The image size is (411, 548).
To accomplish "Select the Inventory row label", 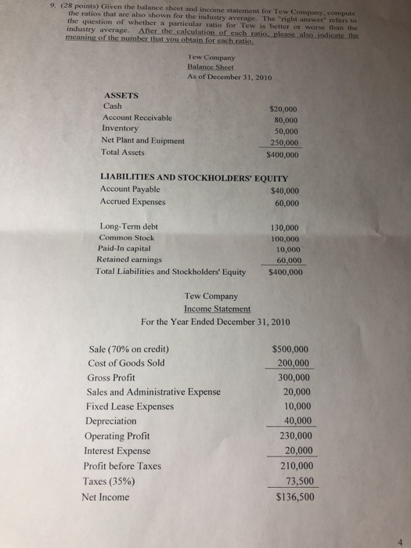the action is tap(120, 127).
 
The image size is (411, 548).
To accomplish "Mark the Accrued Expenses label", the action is tap(132, 202).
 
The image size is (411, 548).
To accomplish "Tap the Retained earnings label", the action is tap(129, 258).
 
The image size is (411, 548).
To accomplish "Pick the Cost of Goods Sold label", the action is tap(127, 362).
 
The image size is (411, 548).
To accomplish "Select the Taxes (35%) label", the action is tap(115, 480).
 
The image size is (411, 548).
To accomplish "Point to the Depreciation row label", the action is tap(116, 421).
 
